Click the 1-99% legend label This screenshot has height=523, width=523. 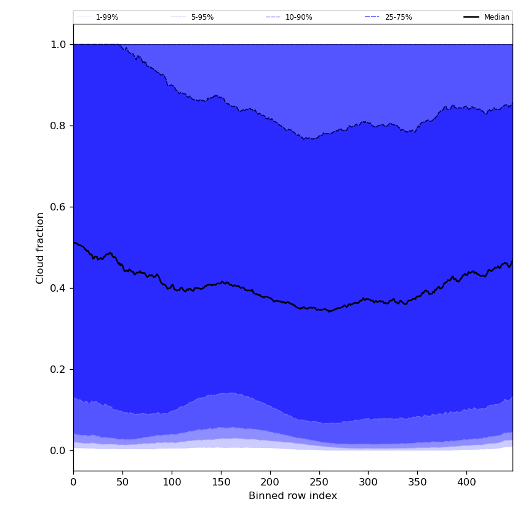107,17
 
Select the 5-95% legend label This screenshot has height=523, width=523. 202,17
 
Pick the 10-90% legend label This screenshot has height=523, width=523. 298,17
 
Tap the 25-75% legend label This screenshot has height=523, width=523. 398,17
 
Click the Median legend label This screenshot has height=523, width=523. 497,17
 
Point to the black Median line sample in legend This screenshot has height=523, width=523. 472,17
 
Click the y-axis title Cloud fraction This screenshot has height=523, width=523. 41,247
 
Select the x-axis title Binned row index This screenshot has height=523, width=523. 293,496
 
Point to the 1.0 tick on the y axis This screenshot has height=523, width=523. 58,44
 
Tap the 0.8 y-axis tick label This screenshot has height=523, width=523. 58,126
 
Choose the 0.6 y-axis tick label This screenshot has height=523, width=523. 58,207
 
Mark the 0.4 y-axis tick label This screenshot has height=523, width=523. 58,288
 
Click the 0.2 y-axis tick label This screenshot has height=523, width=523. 58,369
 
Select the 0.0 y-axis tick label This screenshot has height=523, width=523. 58,450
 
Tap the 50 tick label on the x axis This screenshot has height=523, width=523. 122,482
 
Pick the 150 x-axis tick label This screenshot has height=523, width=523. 221,482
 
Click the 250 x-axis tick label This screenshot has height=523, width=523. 319,482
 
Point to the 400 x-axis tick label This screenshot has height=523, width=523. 466,482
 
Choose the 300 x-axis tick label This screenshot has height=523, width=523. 368,482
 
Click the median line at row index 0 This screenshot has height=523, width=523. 74,242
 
